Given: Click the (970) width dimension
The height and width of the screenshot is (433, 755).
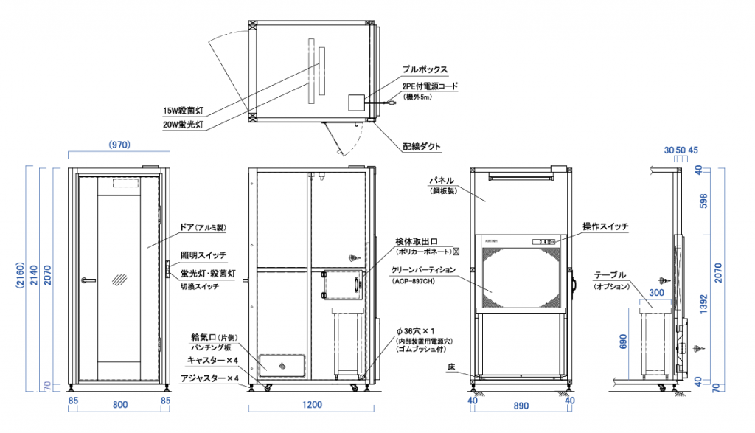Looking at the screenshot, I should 119,145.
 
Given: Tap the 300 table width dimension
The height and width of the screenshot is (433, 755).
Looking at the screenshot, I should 656,292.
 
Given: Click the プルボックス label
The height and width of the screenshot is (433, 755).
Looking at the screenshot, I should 425,69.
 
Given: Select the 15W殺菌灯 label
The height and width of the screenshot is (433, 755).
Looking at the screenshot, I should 183,111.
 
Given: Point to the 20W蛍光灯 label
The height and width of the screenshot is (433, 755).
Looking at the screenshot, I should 183,125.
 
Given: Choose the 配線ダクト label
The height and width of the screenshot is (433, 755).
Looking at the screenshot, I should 422,146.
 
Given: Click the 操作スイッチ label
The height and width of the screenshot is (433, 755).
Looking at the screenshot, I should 605,226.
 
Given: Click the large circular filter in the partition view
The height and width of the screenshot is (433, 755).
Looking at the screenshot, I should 521,276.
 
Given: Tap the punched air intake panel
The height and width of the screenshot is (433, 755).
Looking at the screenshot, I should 284,365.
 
